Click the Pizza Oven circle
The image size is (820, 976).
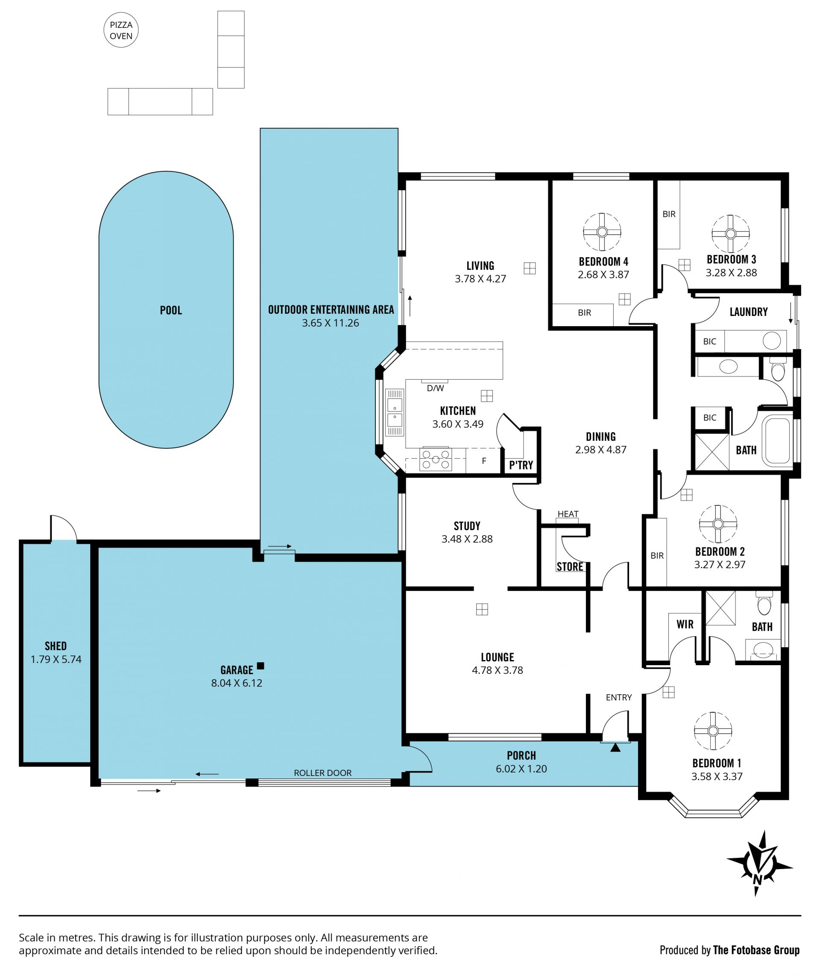click(x=121, y=30)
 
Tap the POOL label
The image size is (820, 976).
click(x=171, y=310)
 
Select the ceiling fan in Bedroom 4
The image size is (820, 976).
click(x=602, y=232)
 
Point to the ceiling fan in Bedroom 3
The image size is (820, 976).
click(x=730, y=233)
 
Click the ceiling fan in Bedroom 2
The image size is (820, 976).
click(x=718, y=524)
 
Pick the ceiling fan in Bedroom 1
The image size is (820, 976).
click(x=713, y=731)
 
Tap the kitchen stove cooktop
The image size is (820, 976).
click(x=436, y=459)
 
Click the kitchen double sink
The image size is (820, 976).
click(x=395, y=413)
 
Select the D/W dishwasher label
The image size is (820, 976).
click(x=436, y=388)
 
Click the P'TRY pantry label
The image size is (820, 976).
click(x=521, y=465)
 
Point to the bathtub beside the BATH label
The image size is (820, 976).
click(x=778, y=441)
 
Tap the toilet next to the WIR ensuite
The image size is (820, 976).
click(x=764, y=603)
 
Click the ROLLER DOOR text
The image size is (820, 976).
click(x=322, y=773)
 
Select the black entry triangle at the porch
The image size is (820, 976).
click(x=615, y=748)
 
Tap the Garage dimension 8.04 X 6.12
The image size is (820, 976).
click(x=237, y=683)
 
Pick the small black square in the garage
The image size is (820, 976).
click(x=261, y=666)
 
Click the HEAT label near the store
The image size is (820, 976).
click(x=568, y=514)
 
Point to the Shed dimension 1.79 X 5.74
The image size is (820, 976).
click(x=56, y=659)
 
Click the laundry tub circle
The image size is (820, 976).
click(x=772, y=341)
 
